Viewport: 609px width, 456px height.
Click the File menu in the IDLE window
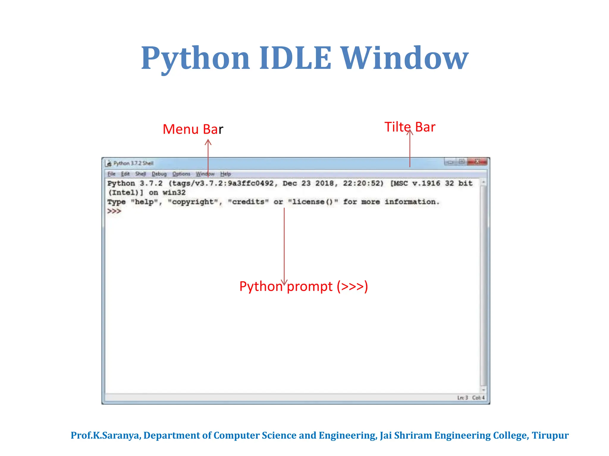(111, 174)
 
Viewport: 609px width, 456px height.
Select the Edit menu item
(125, 174)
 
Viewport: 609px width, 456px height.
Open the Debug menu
(159, 174)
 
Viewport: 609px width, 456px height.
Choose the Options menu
(181, 174)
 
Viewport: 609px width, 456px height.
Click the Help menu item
(225, 174)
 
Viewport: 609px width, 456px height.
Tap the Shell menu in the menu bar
(141, 174)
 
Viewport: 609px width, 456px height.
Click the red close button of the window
(478, 161)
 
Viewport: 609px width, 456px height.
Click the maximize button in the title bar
(462, 161)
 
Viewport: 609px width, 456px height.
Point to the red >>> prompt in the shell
(114, 211)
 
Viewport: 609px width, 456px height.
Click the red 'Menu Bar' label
(192, 129)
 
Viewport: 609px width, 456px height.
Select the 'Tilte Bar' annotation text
(409, 127)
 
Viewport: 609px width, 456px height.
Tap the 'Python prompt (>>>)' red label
(304, 286)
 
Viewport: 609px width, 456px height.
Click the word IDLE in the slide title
(295, 58)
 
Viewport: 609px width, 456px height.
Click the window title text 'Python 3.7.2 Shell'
(134, 163)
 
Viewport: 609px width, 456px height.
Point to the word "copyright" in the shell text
(194, 202)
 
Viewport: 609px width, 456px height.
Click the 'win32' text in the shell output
(174, 193)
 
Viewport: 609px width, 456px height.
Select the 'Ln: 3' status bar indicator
(462, 398)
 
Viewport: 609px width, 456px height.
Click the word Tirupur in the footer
(550, 435)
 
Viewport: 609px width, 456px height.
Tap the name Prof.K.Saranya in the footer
(106, 435)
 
